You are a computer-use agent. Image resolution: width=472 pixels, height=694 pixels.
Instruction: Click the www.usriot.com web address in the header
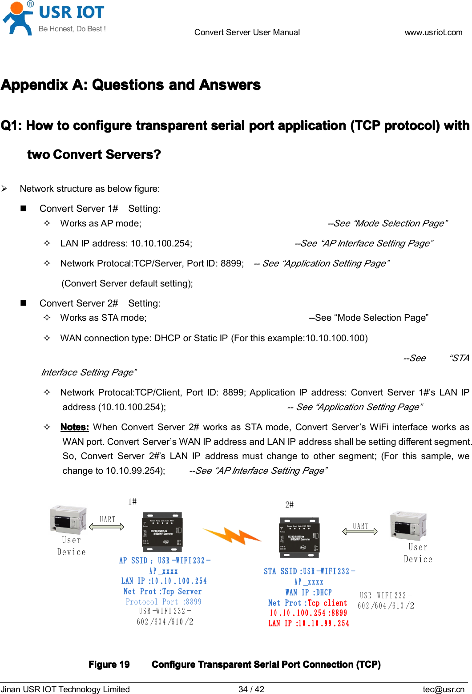433,32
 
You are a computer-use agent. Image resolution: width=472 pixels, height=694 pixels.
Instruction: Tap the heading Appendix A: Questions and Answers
131,85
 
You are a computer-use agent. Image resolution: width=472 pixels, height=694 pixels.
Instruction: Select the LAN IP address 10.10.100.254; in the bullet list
126,243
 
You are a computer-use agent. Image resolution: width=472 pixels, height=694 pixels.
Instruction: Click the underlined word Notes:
74,427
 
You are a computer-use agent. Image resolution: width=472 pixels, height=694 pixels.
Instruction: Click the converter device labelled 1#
162,532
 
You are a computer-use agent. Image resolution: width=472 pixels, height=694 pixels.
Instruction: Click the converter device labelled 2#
299,537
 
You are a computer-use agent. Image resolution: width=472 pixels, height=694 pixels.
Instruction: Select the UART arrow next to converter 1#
107,527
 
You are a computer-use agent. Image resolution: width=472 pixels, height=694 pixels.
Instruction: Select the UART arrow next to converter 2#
360,531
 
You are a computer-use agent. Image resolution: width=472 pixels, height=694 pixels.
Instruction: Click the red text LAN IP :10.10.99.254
308,623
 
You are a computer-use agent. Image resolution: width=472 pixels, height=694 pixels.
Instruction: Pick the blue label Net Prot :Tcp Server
162,591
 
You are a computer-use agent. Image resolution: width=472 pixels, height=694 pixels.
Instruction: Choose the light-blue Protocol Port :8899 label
163,601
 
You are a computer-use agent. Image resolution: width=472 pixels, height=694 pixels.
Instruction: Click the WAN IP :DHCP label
308,592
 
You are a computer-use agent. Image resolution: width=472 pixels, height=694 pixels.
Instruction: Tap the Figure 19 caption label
109,664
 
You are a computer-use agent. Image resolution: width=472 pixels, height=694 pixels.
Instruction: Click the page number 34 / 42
251,689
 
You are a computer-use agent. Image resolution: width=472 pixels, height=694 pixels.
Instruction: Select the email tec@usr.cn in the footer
443,689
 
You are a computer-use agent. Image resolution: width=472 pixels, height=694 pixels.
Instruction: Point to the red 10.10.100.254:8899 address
308,613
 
